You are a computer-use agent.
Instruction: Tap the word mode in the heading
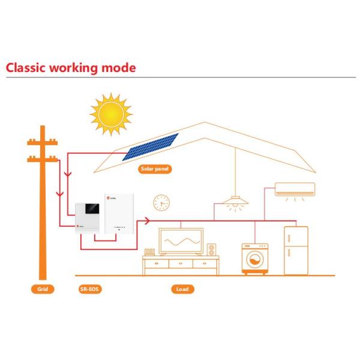[x=119, y=67]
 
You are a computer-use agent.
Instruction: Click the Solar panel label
[x=155, y=169]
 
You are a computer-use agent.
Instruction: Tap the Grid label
[x=42, y=289]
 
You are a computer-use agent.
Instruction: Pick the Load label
[x=182, y=289]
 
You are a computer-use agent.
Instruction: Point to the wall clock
[x=161, y=202]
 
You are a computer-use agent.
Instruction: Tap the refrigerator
[x=296, y=250]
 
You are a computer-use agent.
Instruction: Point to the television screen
[x=181, y=241]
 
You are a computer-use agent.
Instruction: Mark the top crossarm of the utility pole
[x=43, y=143]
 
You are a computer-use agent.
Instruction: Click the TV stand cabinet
[x=181, y=265]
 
